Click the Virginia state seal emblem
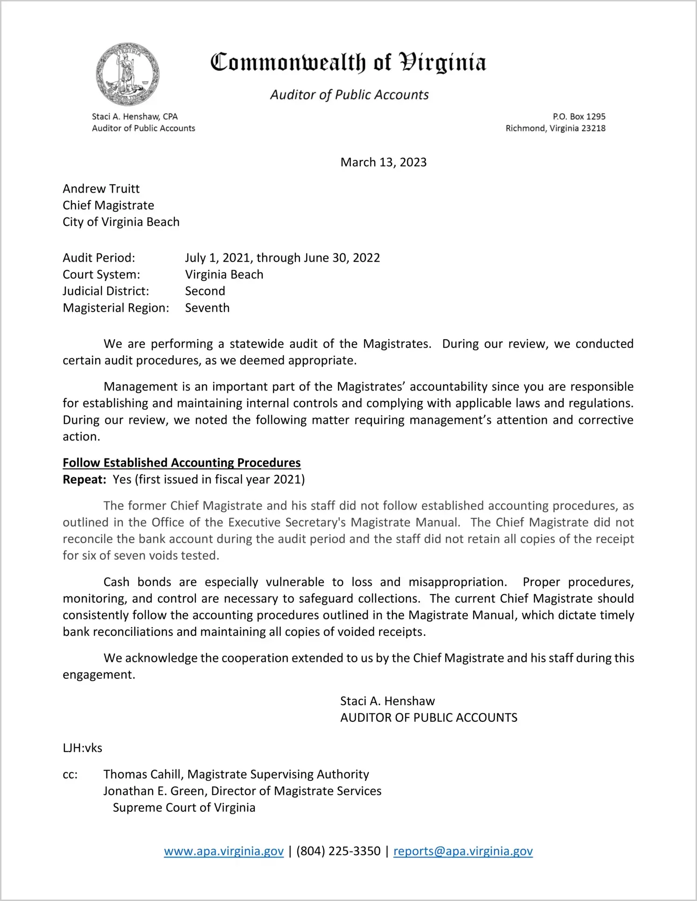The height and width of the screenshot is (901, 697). (127, 74)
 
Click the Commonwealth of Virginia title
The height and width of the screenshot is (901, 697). (348, 63)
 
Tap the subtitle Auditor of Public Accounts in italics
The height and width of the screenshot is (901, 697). (349, 95)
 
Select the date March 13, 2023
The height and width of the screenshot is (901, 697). (383, 162)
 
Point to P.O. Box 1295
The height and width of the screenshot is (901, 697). (579, 117)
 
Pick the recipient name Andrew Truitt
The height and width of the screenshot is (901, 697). (101, 189)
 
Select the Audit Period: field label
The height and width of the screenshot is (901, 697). (99, 258)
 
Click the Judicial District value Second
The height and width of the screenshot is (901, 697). (205, 291)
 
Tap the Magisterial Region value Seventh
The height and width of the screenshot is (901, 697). (207, 308)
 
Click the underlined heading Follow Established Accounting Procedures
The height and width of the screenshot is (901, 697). (181, 463)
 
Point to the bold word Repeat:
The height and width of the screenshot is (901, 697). (84, 480)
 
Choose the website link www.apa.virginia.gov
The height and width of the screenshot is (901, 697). (223, 851)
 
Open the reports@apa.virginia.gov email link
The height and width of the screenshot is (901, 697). (463, 851)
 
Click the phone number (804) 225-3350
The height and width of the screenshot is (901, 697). (338, 851)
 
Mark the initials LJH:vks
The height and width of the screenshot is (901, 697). (83, 748)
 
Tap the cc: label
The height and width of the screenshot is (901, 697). (70, 775)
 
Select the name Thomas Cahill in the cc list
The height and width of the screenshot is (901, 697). (144, 775)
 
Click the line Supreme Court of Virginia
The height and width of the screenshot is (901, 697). (184, 808)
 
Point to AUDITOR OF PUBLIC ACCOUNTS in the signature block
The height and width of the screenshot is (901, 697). (429, 718)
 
